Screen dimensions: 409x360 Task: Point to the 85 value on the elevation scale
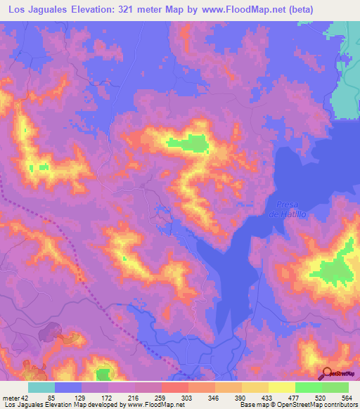point(51,397)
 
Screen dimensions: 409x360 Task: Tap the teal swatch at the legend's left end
point(41,387)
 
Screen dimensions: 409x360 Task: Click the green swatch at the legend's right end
point(335,387)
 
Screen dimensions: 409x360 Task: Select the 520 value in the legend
point(318,397)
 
